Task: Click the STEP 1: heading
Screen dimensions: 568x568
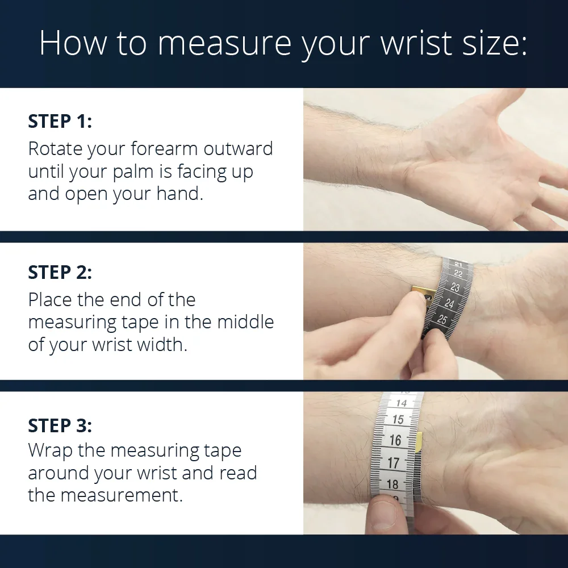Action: coord(60,121)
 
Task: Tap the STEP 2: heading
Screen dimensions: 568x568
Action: coord(60,272)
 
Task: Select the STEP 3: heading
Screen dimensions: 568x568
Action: coord(60,425)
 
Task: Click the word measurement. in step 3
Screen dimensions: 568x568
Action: coord(122,495)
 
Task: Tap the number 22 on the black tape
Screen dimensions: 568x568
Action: coord(458,274)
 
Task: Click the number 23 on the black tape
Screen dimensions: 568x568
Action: coord(455,287)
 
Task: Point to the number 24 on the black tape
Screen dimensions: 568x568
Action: coord(449,303)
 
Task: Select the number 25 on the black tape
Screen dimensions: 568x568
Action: coord(442,319)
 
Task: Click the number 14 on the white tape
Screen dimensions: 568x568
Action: coord(402,403)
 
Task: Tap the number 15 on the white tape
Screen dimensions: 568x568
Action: coord(398,419)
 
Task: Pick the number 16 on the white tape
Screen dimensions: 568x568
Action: coord(395,440)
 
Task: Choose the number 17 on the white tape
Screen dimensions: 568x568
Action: coord(393,462)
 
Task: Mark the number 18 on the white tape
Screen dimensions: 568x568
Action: coord(392,484)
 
